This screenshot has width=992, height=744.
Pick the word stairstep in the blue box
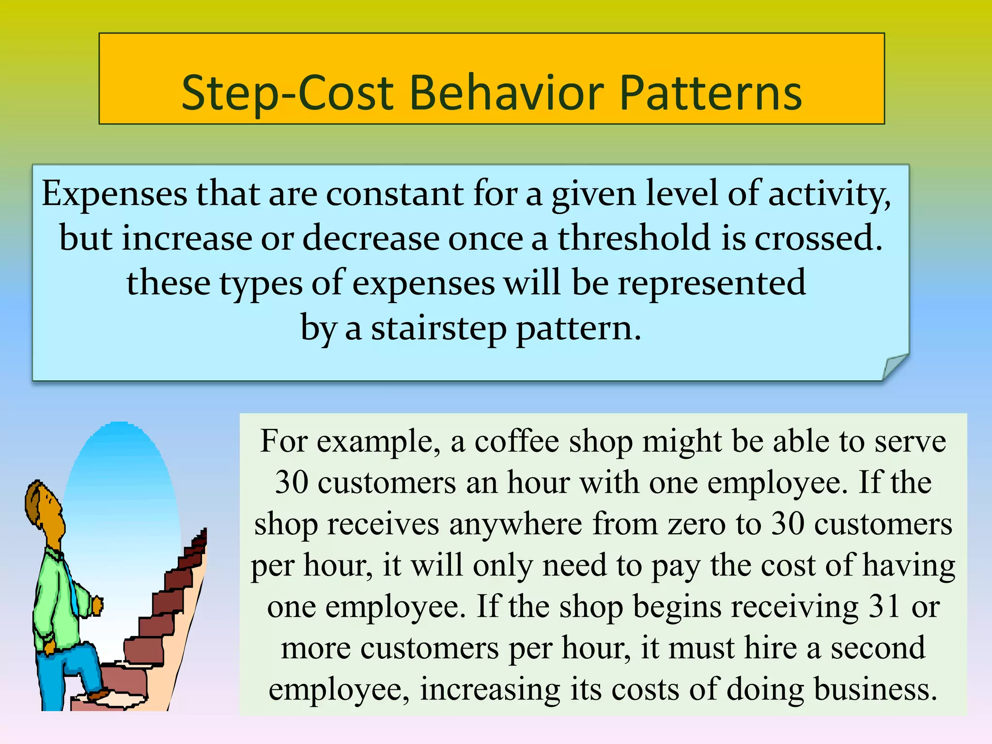438,328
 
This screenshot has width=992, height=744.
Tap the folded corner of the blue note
894,367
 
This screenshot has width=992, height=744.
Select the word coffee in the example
516,441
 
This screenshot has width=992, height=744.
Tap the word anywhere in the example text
515,525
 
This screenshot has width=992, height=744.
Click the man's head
45,506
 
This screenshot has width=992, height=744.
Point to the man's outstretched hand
97,605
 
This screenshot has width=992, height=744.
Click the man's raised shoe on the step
99,696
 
